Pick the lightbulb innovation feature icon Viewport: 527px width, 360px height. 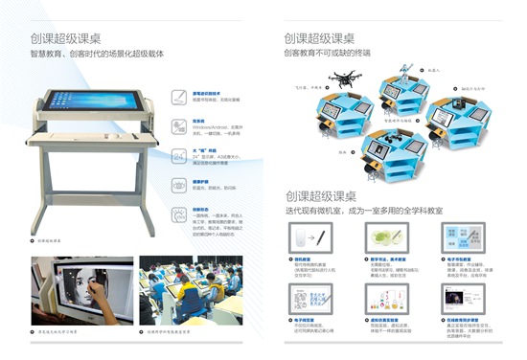pos(179,212)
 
